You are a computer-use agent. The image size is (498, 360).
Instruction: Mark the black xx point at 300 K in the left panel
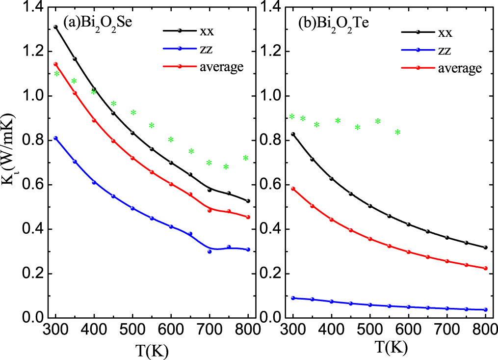(55, 27)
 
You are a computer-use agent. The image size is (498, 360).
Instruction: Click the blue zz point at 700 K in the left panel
(210, 251)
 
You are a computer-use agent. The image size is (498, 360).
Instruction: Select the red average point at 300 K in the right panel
(293, 189)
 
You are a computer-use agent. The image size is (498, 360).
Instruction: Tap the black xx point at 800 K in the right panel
(485, 248)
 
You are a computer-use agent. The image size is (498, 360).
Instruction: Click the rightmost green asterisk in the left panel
(245, 158)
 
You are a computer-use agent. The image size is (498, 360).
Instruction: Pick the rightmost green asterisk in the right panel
(398, 132)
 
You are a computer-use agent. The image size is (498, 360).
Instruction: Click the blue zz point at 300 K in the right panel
(293, 298)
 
